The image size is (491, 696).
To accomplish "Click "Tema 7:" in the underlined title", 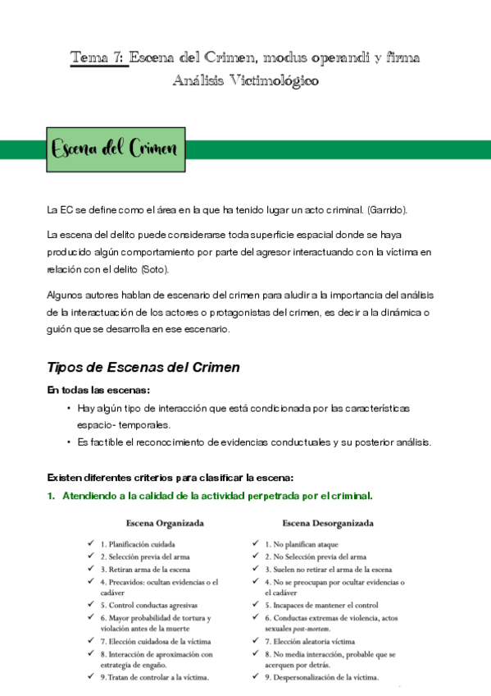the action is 98,57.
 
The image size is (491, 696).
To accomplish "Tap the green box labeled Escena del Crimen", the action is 115,149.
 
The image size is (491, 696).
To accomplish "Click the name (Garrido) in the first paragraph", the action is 385,210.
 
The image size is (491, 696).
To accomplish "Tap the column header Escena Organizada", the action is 165,522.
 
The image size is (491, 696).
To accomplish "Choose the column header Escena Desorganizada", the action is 328,522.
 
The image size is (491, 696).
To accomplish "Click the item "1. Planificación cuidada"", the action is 137,543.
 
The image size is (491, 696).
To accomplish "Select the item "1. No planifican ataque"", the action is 301,543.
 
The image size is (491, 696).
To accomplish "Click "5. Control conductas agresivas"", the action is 148,605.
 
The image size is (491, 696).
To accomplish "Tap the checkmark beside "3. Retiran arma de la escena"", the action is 91,569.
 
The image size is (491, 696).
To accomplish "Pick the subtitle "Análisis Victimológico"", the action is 246,80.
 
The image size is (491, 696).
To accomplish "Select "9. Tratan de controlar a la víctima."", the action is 154,677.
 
